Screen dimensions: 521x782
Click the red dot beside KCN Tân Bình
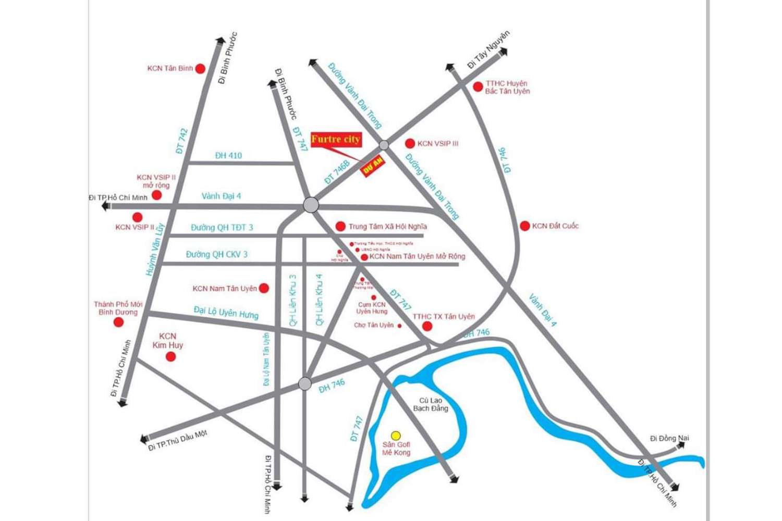coord(200,68)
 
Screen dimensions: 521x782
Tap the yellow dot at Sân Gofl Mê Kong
coord(396,435)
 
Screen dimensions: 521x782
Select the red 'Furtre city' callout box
coord(336,139)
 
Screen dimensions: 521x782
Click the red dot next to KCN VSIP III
coord(410,143)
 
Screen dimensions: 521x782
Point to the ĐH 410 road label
coord(228,155)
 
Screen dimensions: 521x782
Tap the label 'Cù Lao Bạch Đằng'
coord(431,404)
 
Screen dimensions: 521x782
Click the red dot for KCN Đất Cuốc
coord(525,226)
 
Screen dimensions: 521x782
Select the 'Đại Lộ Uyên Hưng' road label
coord(226,312)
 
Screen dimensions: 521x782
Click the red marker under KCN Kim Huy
coord(170,356)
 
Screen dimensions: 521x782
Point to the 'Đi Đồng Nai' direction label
coord(669,438)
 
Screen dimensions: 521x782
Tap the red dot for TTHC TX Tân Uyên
coord(427,326)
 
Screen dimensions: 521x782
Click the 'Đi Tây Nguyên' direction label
coord(488,49)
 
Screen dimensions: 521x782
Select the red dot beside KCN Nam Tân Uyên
coord(264,288)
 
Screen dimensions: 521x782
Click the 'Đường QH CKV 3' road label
coord(217,255)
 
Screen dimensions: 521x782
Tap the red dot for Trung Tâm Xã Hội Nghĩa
coord(340,226)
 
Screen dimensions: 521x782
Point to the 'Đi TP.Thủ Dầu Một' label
coord(178,441)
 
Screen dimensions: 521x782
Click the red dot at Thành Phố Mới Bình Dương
coord(119,322)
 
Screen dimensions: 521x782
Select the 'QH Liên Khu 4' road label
coord(319,300)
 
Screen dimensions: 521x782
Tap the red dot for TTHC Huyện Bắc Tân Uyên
coord(478,87)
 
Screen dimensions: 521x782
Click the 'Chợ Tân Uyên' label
coord(374,325)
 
